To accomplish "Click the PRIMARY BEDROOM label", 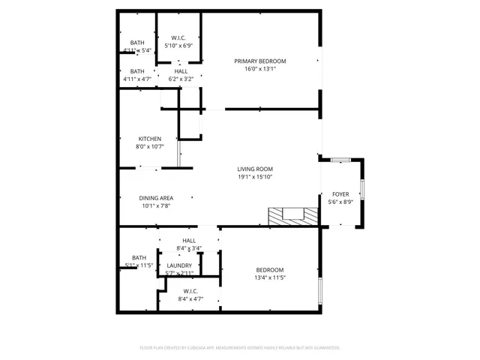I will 259,61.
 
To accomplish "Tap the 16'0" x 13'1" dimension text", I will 259,70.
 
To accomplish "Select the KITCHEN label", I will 149,139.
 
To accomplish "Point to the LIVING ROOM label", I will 255,169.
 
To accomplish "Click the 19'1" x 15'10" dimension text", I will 255,178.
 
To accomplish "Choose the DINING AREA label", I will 156,198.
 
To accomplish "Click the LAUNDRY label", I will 179,265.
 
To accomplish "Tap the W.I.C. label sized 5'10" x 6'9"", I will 178,37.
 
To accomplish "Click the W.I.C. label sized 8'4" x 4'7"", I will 190,291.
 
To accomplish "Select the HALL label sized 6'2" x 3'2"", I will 181,70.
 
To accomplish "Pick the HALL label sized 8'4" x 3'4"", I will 189,241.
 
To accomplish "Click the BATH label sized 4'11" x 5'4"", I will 137,43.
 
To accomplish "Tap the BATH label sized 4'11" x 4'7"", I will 137,70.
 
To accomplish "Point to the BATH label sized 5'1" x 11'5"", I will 139,257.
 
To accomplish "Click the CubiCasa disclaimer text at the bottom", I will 240,348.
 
